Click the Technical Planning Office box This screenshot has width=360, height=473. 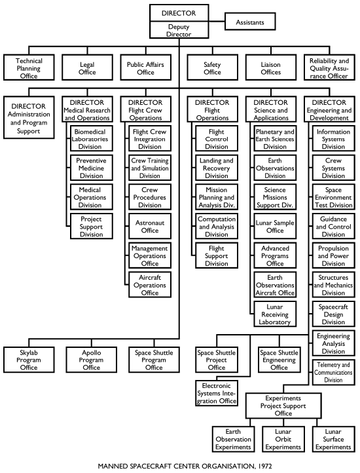click(29, 67)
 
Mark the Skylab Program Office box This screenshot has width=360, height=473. click(29, 360)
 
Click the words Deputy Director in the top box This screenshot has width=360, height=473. click(179, 30)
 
